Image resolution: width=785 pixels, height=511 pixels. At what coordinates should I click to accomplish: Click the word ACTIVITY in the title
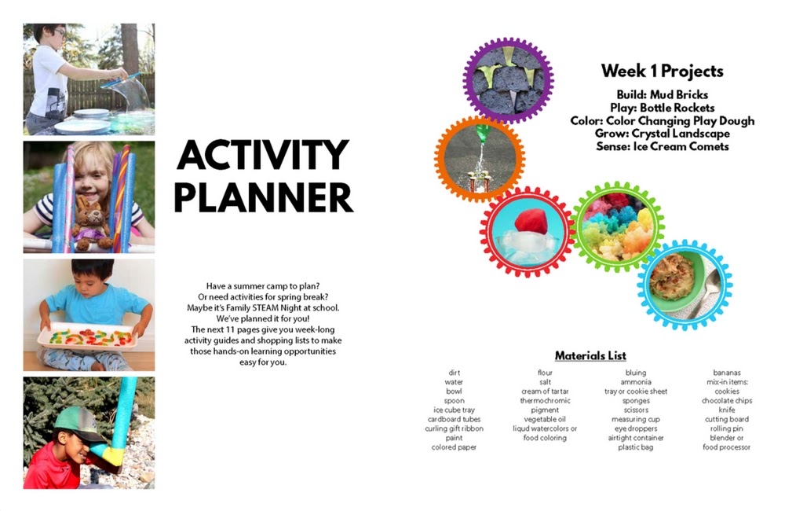tap(263, 156)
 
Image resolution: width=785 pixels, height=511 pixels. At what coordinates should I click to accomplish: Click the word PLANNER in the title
tap(263, 197)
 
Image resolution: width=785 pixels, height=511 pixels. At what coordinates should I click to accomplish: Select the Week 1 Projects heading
tap(662, 72)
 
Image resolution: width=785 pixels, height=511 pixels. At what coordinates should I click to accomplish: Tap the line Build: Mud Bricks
tap(662, 95)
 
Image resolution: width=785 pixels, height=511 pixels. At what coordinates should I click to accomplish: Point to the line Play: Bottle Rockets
tap(662, 108)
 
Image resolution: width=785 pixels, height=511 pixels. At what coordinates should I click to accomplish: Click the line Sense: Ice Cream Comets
tap(662, 146)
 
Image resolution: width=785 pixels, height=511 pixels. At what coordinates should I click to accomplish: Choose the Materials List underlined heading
tap(590, 355)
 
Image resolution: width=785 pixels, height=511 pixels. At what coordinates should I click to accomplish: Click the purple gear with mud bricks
tap(509, 80)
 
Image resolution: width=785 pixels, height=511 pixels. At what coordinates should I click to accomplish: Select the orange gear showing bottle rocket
tap(480, 159)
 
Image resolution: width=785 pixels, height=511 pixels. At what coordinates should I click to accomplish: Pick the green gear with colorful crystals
tap(619, 227)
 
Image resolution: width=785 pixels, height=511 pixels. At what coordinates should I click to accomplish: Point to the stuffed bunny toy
tap(91, 223)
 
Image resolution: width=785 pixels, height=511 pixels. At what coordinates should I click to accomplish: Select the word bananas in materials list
tap(726, 373)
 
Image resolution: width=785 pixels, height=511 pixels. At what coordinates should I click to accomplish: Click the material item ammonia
tap(636, 382)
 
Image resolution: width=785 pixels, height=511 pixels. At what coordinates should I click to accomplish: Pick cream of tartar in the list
tap(545, 392)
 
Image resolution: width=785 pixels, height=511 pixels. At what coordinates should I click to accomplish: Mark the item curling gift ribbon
tap(454, 428)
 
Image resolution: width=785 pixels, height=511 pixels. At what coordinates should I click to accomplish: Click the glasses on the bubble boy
tap(58, 33)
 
